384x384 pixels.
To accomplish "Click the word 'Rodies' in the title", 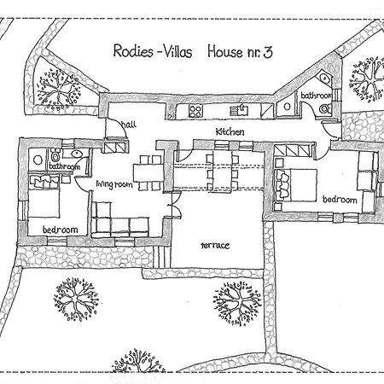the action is click(x=133, y=51).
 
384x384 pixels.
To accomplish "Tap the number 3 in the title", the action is click(x=268, y=52).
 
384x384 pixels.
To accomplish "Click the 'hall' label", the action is click(x=129, y=125).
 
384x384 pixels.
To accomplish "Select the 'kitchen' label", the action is click(x=230, y=131).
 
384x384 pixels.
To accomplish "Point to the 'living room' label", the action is click(x=114, y=184).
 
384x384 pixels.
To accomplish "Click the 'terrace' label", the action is click(x=215, y=245).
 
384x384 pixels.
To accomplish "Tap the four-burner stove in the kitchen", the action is click(x=195, y=111).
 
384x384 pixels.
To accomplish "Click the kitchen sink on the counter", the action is click(x=240, y=110).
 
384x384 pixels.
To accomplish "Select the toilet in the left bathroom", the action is click(x=55, y=155).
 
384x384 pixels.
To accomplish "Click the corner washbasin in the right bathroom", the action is click(x=323, y=77).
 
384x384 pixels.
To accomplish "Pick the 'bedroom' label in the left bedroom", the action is click(x=61, y=230).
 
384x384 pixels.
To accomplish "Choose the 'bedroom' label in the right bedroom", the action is click(x=340, y=200).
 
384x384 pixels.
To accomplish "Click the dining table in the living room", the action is click(x=148, y=173).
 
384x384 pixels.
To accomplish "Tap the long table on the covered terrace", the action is click(x=222, y=172).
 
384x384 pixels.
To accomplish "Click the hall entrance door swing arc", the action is click(x=122, y=125).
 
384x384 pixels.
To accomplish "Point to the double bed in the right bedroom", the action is click(x=296, y=185).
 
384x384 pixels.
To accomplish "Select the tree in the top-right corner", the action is click(x=367, y=79).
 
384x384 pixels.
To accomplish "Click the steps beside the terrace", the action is click(x=162, y=256).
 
